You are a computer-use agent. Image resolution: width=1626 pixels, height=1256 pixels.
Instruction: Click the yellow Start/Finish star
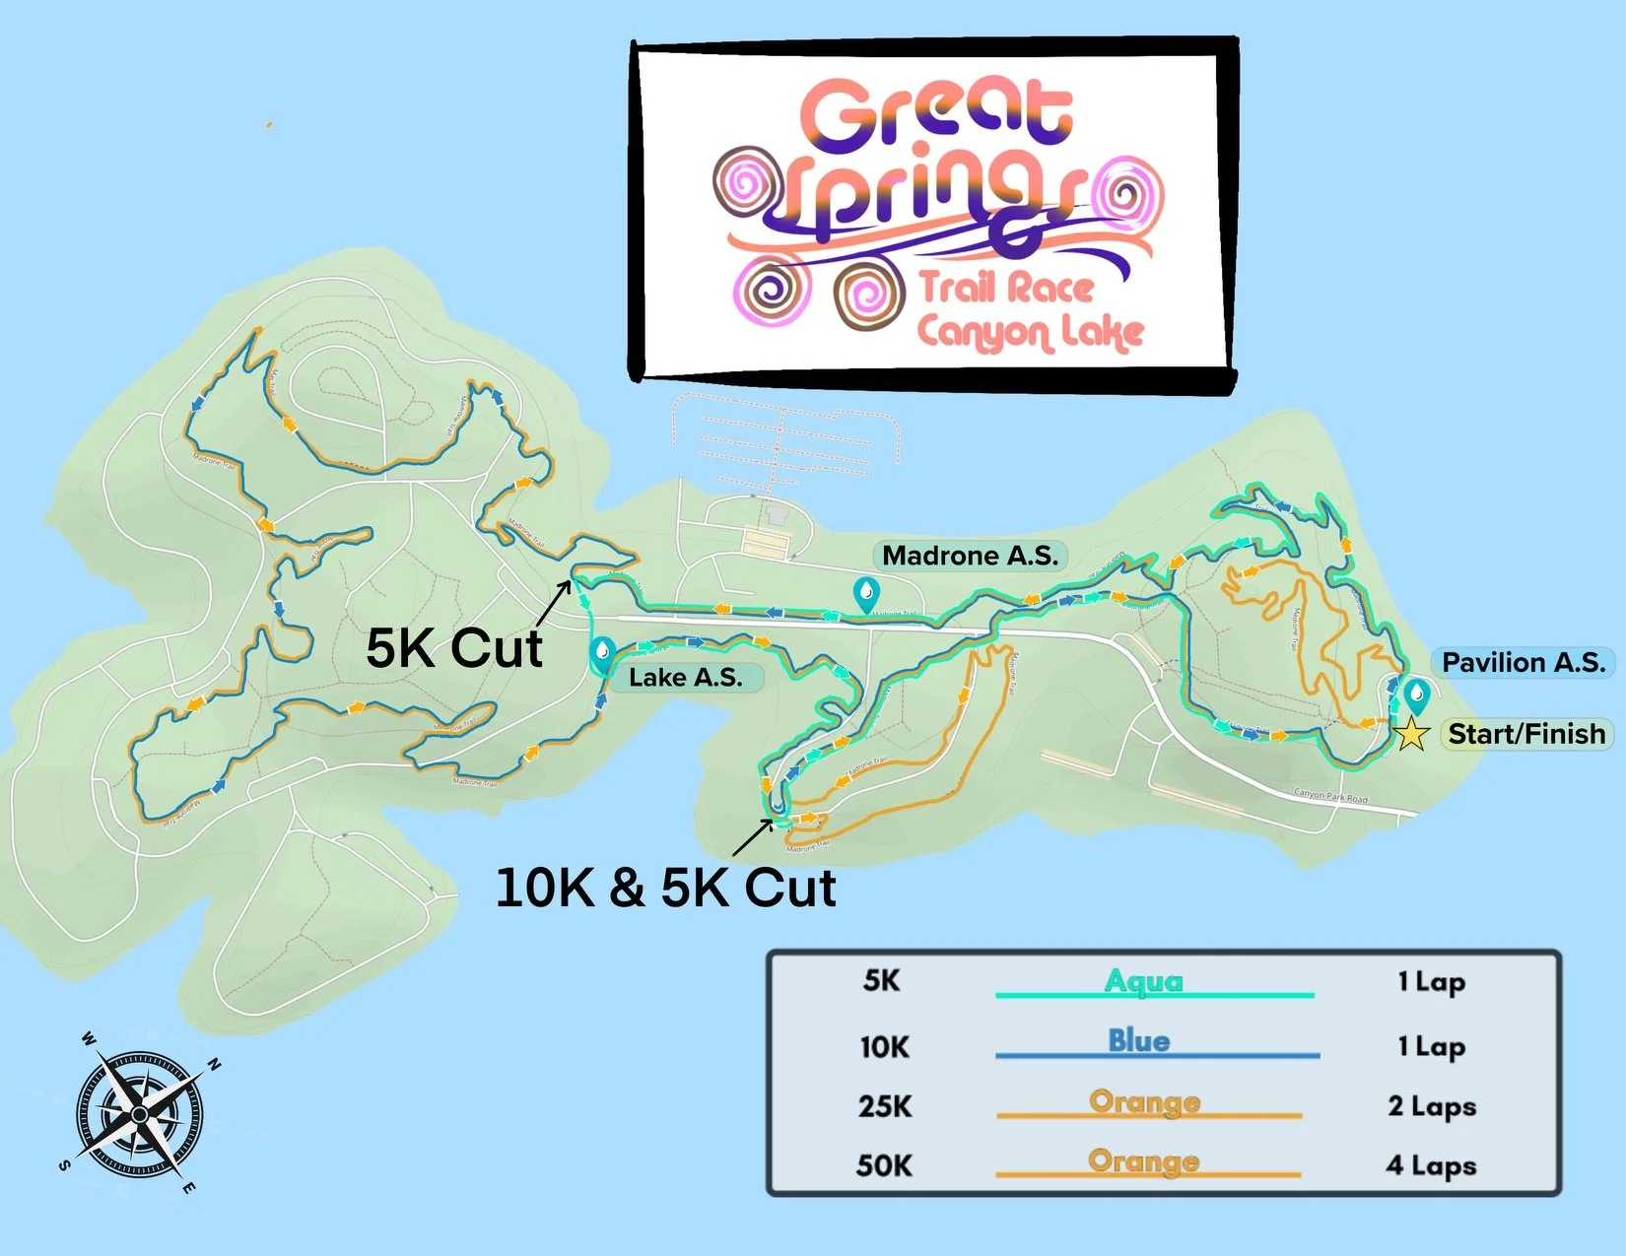[x=1411, y=734]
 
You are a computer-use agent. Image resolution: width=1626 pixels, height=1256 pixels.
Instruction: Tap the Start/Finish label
[x=1525, y=734]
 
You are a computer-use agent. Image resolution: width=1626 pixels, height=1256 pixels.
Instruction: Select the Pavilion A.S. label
[x=1523, y=662]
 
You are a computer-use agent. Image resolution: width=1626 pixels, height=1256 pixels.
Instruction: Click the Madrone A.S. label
[x=970, y=556]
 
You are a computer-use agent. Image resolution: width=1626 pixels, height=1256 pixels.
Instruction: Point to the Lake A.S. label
[x=685, y=678]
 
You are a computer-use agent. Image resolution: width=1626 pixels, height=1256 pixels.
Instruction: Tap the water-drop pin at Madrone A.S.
[x=865, y=593]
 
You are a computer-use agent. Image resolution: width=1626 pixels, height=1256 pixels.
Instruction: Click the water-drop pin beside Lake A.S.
[x=602, y=652]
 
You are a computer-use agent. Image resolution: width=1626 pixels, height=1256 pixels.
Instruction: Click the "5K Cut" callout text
[x=453, y=648]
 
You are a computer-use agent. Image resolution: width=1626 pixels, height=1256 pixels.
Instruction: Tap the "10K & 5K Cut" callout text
[x=665, y=888]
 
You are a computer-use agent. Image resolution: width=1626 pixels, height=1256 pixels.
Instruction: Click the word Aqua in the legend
[x=1143, y=981]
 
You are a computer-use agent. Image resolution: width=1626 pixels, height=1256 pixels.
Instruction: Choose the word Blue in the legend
[x=1138, y=1040]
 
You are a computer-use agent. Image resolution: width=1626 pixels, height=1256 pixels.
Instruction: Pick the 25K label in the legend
[x=884, y=1106]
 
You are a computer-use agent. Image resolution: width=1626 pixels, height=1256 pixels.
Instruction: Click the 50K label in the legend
[x=883, y=1165]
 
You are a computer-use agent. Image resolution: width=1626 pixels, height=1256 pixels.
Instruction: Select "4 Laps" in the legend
[x=1431, y=1165]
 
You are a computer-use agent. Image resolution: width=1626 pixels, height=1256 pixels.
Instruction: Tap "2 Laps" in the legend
[x=1431, y=1106]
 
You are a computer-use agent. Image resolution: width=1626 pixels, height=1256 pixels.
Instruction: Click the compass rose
[x=139, y=1113]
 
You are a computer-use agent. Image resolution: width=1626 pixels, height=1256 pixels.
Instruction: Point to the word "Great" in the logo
[x=936, y=113]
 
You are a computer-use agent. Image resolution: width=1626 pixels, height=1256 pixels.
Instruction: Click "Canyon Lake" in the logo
[x=1030, y=333]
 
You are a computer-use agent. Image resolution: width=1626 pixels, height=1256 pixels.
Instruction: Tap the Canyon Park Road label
[x=1330, y=795]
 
